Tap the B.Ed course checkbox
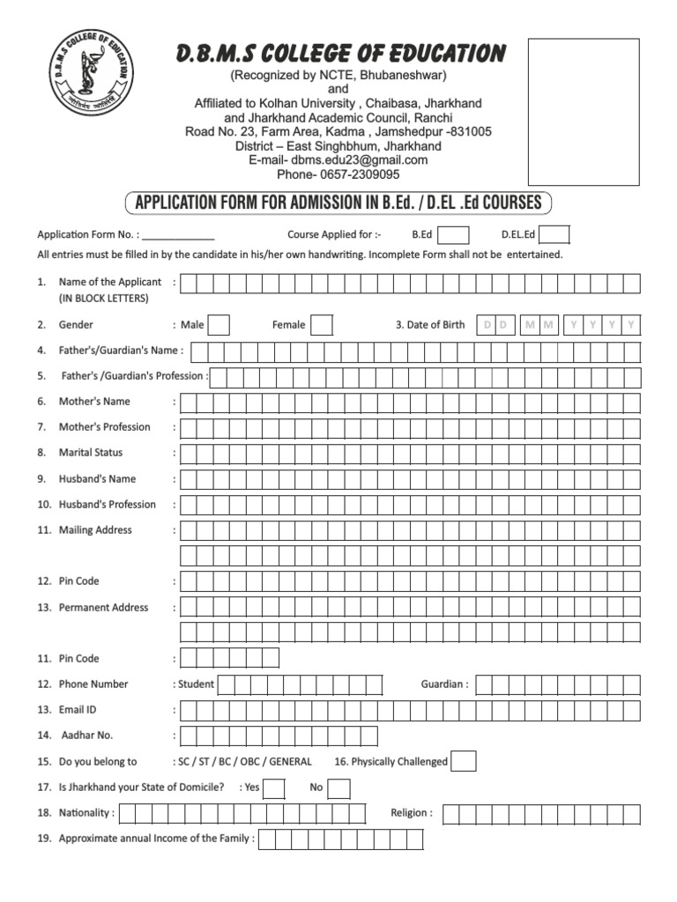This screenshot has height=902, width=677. point(453,235)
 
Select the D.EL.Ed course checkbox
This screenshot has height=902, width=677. point(554,235)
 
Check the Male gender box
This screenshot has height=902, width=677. point(219,325)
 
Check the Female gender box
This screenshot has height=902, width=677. point(322,325)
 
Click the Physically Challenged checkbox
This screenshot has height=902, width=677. point(464,761)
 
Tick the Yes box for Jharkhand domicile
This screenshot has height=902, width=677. point(274,787)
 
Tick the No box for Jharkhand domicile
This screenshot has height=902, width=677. point(341,787)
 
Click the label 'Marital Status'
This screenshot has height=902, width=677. point(91,453)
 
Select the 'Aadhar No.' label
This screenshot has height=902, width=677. point(87,736)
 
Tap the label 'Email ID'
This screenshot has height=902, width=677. point(78,710)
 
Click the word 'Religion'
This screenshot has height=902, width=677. point(409,813)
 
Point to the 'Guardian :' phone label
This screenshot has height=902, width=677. point(444,684)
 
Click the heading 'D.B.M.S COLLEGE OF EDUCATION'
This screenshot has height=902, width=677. point(340,55)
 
